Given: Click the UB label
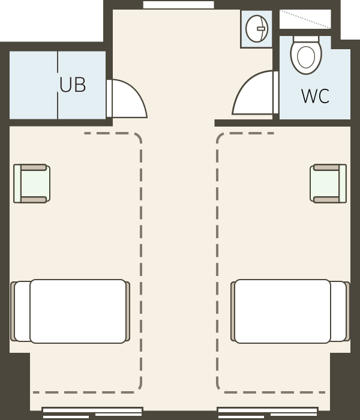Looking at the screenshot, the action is [73, 85].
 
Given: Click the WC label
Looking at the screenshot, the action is [315, 96].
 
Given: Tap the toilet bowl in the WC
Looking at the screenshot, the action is [306, 58].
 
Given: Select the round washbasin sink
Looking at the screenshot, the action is [257, 29].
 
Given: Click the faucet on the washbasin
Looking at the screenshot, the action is [261, 29].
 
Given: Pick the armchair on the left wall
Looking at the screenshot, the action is [32, 184].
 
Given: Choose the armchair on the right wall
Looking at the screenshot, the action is [328, 184].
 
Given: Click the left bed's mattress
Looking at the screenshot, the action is [78, 311].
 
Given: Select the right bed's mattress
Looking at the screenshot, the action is [283, 311].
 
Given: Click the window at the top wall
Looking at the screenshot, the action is [178, 5].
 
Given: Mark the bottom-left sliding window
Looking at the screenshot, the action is [92, 413].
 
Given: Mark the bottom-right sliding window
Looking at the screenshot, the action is [268, 413].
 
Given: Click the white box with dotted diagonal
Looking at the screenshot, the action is [305, 19].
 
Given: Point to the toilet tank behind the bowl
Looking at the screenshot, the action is [306, 39].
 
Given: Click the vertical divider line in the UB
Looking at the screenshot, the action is [58, 85].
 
